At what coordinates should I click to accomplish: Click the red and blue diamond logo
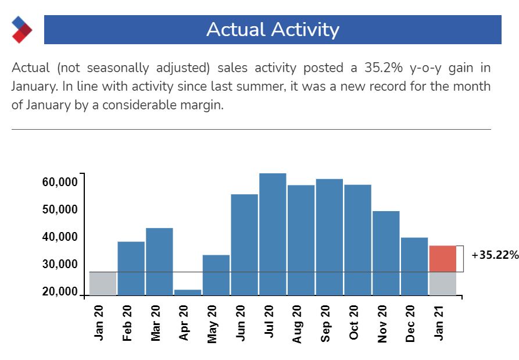22,30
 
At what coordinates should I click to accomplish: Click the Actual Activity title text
273,30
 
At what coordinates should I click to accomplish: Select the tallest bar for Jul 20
273,234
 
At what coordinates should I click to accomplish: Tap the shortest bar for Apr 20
187,292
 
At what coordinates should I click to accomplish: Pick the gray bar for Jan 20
103,283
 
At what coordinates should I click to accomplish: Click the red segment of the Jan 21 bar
442,259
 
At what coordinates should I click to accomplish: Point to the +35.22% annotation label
495,255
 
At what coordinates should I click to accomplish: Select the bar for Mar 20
159,261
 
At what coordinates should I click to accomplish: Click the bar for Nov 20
386,252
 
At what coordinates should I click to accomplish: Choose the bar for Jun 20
244,244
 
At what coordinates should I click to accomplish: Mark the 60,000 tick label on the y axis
60,182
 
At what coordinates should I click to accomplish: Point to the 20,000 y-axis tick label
60,292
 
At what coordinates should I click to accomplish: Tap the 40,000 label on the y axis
60,237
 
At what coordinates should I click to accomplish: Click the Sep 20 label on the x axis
325,323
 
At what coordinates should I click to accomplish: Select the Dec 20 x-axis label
410,323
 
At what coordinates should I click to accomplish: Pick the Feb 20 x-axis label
127,323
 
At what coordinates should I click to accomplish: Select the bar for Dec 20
414,266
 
